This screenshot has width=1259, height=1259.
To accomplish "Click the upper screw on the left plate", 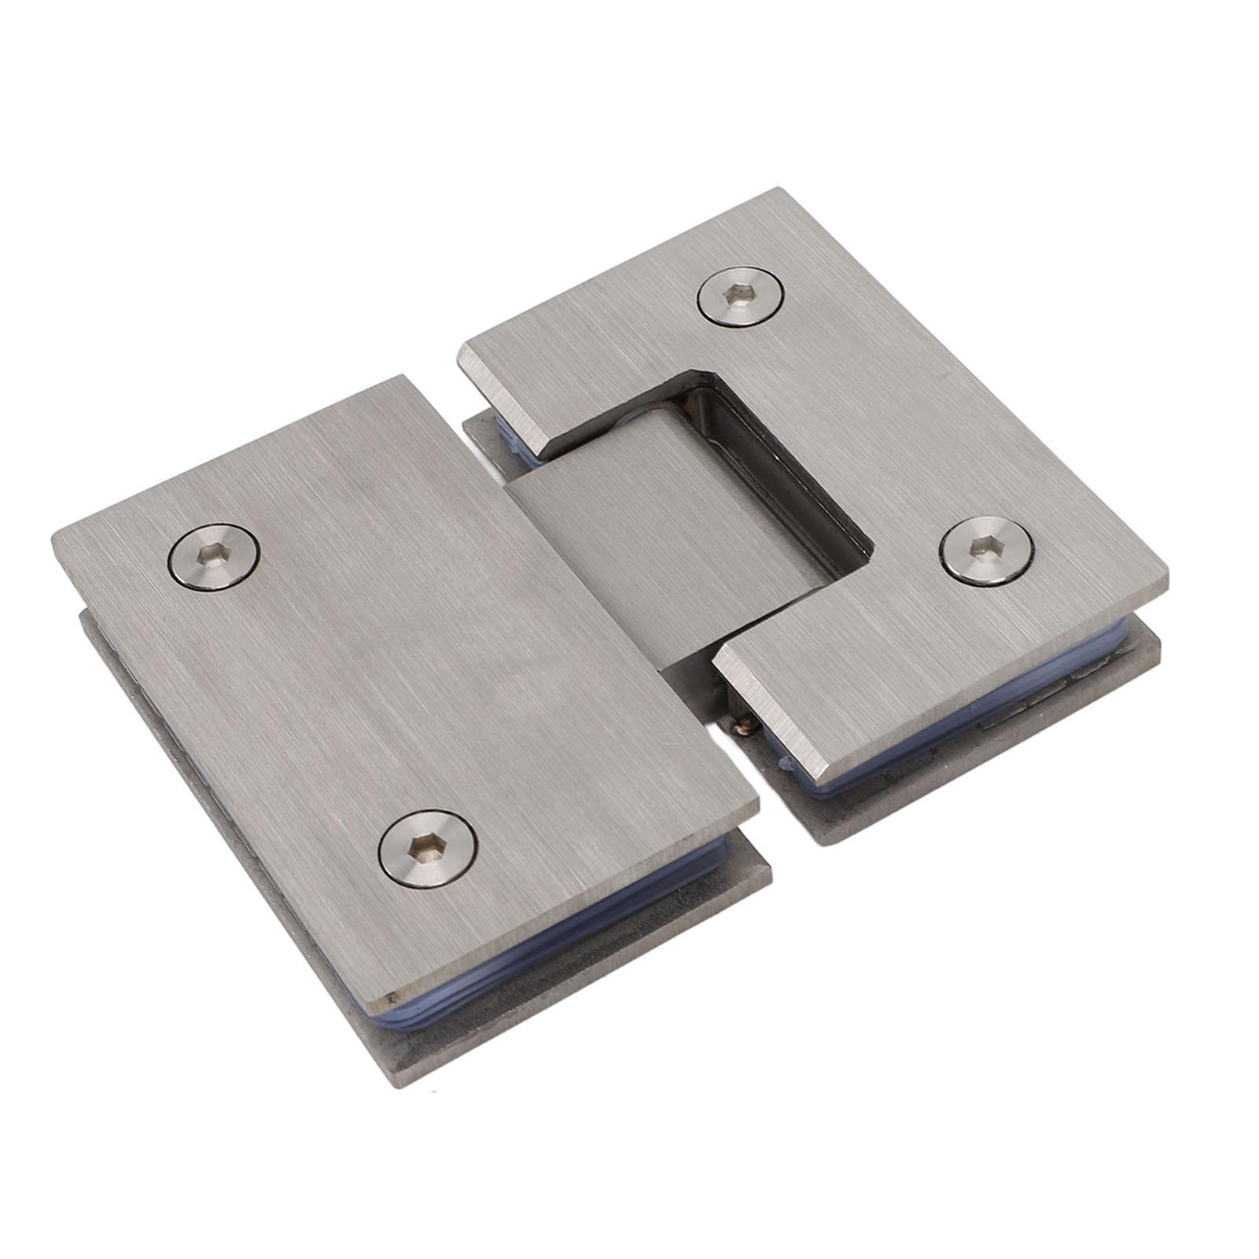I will (x=214, y=556).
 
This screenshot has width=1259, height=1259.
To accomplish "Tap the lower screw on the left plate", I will (x=428, y=849).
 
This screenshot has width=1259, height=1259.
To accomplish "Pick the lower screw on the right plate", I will (x=987, y=550).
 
